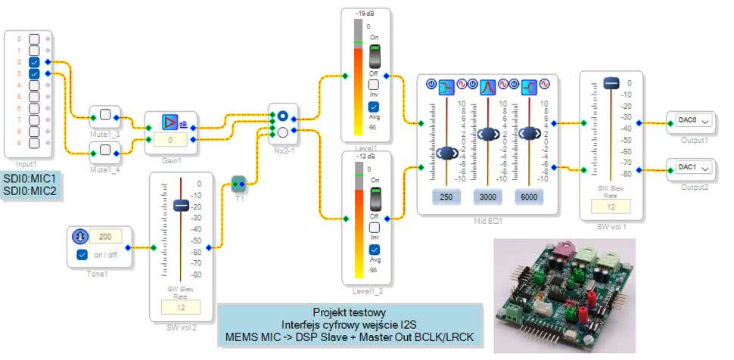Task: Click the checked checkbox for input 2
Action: click(x=34, y=62)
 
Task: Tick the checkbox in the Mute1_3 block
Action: click(x=106, y=116)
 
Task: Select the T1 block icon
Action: click(x=239, y=183)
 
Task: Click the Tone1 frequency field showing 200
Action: click(x=106, y=237)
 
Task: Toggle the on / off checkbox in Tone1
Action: click(x=83, y=254)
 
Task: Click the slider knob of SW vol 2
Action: click(x=180, y=205)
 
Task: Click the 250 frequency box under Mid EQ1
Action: click(x=445, y=197)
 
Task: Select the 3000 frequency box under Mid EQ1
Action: click(x=487, y=197)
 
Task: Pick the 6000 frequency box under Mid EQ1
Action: click(x=529, y=197)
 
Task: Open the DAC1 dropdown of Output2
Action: click(x=689, y=167)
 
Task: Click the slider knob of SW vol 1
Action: click(x=611, y=85)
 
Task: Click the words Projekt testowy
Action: click(x=349, y=312)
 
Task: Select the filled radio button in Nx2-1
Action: click(x=281, y=116)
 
